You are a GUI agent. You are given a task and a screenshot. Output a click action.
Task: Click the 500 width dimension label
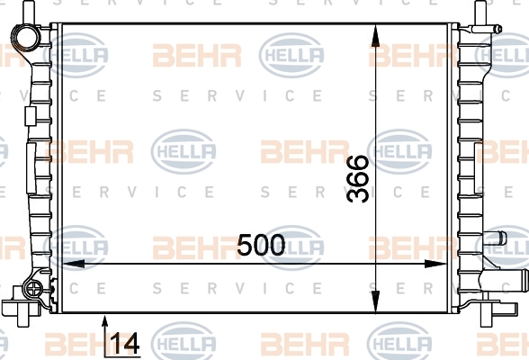(261, 245)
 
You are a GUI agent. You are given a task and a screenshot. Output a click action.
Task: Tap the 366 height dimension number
(358, 179)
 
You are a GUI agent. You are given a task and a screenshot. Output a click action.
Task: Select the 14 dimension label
(124, 344)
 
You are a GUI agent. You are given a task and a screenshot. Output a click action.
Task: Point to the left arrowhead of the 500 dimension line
(74, 264)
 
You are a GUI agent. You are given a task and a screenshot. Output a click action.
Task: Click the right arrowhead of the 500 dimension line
(435, 264)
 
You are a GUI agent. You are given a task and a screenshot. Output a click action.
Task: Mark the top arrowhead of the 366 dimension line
(375, 35)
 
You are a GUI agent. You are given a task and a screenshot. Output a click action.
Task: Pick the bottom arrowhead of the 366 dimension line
(375, 301)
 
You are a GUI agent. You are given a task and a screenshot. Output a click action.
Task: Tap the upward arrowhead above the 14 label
(105, 323)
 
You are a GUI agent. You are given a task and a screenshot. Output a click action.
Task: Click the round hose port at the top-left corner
(25, 38)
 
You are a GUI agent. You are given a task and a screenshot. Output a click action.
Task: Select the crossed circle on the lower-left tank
(34, 289)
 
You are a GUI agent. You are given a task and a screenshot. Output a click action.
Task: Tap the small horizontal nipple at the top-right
(487, 29)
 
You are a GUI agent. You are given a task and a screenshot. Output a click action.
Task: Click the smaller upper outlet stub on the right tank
(495, 238)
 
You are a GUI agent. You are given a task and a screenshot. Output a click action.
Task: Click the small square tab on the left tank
(31, 116)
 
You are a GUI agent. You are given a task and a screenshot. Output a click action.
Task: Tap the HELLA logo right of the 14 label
(184, 343)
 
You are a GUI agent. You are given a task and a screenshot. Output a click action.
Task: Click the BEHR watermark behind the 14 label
(89, 344)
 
